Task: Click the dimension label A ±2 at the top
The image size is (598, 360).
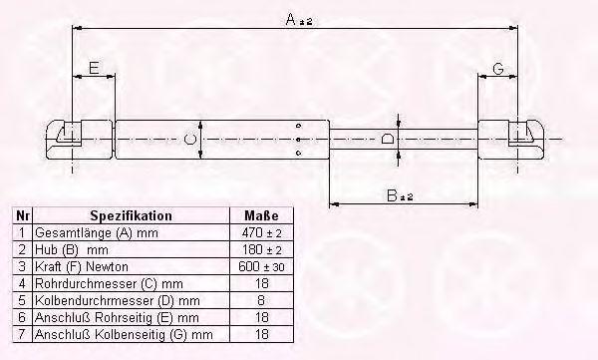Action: click(299, 19)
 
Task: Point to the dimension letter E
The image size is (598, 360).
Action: click(94, 68)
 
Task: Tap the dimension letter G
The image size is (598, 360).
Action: click(498, 69)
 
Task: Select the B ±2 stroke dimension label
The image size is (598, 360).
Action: click(400, 195)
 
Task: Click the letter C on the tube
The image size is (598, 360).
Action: click(189, 139)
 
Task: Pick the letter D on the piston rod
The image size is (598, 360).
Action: click(388, 139)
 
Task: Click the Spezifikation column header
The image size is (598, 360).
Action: click(131, 215)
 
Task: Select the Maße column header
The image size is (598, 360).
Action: click(261, 215)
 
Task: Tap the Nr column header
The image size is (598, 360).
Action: click(23, 215)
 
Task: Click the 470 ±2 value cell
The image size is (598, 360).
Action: click(261, 232)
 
